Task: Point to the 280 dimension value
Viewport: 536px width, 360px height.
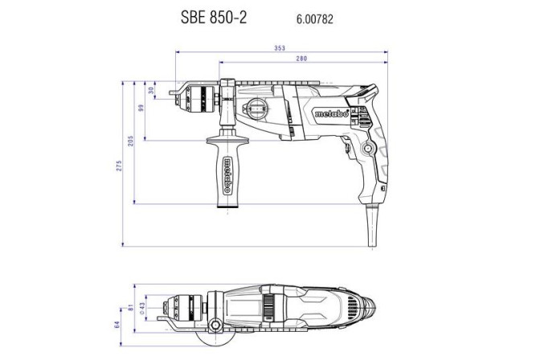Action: pos(301,59)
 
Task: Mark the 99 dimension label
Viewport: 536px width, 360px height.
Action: pos(141,109)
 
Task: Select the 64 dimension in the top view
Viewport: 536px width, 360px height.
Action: pos(118,325)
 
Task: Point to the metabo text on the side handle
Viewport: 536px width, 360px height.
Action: pos(229,173)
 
